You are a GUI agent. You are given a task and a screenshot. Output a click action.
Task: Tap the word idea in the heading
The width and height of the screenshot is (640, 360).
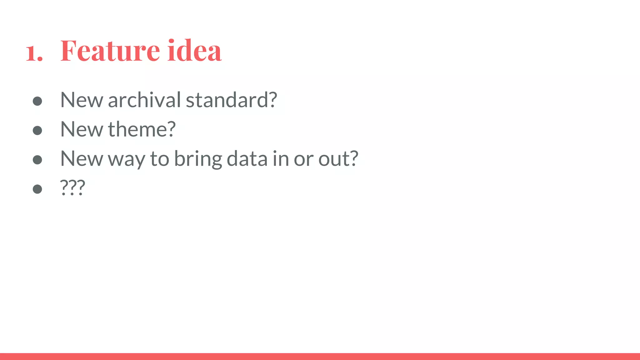[x=194, y=50]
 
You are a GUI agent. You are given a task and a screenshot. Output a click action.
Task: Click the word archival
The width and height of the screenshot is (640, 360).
[x=144, y=100]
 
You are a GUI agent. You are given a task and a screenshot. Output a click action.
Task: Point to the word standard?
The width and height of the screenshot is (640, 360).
[x=232, y=100]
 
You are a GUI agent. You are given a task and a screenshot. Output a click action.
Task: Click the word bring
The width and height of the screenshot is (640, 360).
[x=198, y=159]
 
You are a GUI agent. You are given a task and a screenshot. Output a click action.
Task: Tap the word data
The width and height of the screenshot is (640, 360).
[x=247, y=158]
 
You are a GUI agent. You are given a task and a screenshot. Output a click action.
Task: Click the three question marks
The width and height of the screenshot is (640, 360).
[x=72, y=187]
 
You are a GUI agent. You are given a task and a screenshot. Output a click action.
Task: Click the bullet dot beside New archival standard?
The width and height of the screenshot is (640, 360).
[x=37, y=101]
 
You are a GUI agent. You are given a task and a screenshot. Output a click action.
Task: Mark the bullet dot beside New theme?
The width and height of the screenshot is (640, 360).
[x=37, y=130]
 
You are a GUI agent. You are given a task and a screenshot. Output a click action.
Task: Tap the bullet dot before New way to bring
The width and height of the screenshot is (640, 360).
[x=37, y=160]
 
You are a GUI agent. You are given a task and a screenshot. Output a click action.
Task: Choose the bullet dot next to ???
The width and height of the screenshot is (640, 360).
[x=37, y=189]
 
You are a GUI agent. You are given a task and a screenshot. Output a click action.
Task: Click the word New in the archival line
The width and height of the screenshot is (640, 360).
[x=82, y=100]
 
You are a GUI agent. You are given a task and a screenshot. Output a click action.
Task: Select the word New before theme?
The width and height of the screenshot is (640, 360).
[x=82, y=129]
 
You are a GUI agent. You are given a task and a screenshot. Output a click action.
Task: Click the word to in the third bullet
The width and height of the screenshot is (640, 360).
[x=160, y=158]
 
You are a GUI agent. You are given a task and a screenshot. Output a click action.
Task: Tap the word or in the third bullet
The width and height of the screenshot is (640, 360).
[x=303, y=159]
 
